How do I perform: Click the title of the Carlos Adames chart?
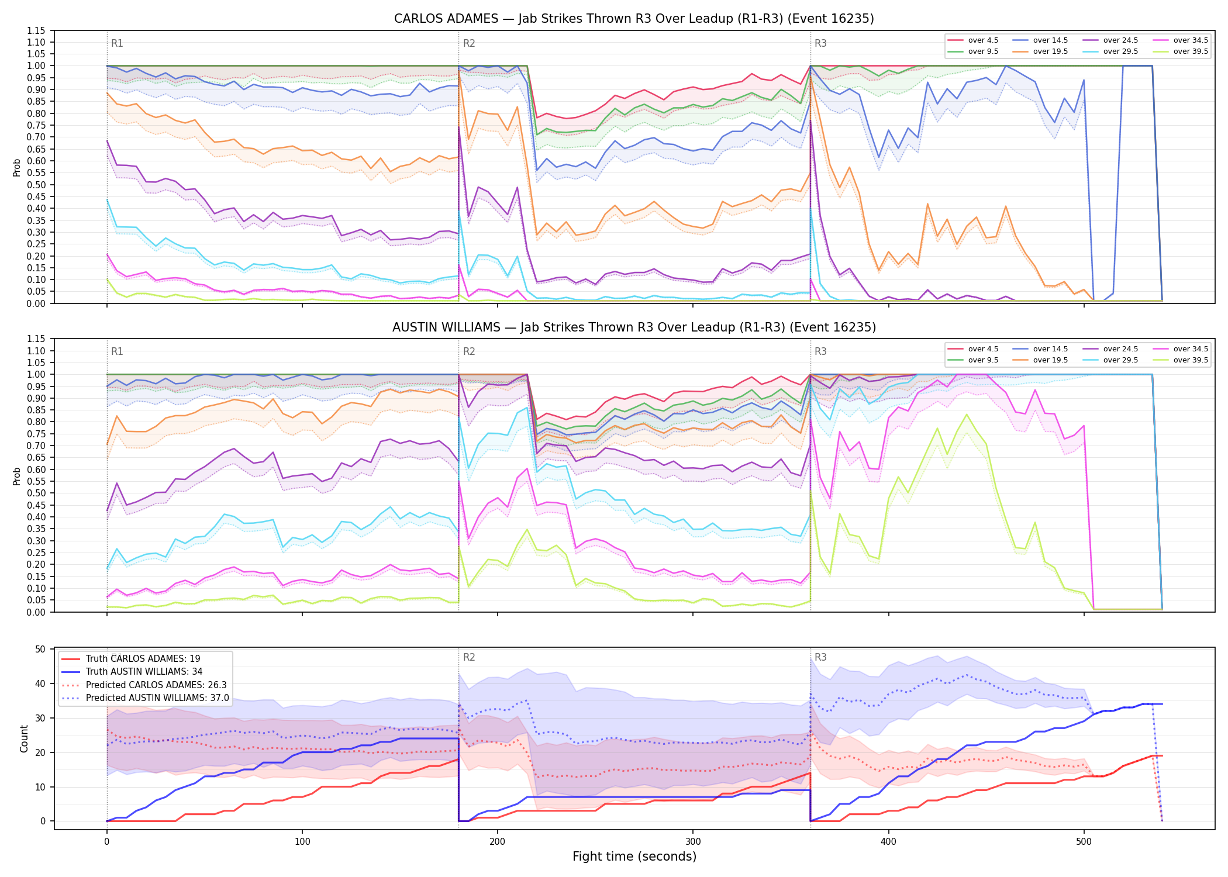coord(634,19)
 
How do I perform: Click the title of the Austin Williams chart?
coord(634,327)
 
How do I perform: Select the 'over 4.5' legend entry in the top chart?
coord(973,40)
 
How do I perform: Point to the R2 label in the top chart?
coord(469,43)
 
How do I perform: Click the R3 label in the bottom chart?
coord(820,657)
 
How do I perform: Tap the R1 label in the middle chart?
coord(117,351)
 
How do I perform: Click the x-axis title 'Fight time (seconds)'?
coord(634,857)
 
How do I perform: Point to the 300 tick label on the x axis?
coord(693,842)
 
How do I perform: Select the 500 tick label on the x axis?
coord(1084,842)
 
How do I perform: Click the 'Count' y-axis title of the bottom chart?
coord(24,738)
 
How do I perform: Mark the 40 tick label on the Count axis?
coord(40,683)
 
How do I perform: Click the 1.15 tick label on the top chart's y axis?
coord(36,30)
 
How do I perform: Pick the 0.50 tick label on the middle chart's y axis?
coord(36,493)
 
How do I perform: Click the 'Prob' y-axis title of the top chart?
coord(17,168)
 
